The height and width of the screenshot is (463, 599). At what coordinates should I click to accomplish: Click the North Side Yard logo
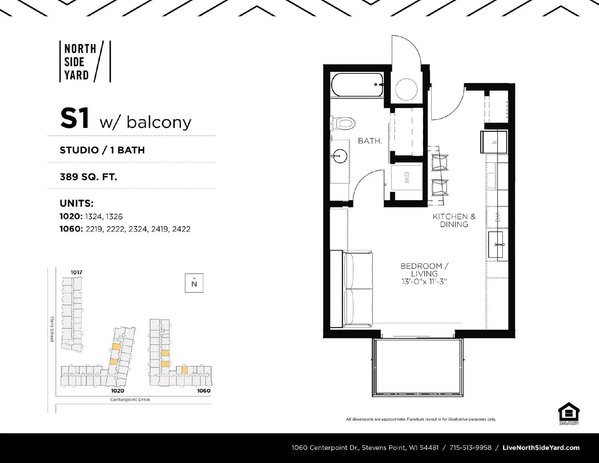coord(85,62)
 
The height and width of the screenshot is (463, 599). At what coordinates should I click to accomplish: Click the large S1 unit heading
coord(75,118)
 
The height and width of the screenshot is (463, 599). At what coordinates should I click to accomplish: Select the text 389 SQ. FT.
coord(88,177)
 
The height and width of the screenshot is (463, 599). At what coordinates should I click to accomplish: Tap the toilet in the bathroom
coord(344,123)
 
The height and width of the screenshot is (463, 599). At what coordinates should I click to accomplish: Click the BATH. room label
coord(370,141)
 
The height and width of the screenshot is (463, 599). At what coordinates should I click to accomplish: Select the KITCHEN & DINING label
coord(454,220)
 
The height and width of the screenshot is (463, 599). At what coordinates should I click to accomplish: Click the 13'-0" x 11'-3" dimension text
coord(424,281)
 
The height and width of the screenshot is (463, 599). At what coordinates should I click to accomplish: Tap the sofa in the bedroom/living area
coord(358,289)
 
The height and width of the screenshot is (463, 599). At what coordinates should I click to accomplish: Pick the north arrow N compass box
coord(194,283)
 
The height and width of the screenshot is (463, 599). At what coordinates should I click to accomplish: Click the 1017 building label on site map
coord(76,272)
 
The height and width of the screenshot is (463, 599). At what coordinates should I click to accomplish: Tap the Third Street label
coord(52,329)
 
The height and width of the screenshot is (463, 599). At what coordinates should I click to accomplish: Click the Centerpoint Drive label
coord(130,399)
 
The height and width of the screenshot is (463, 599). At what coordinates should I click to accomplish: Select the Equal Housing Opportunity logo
coord(568,413)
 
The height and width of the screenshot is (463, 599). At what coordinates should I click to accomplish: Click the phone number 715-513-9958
coord(470,448)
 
